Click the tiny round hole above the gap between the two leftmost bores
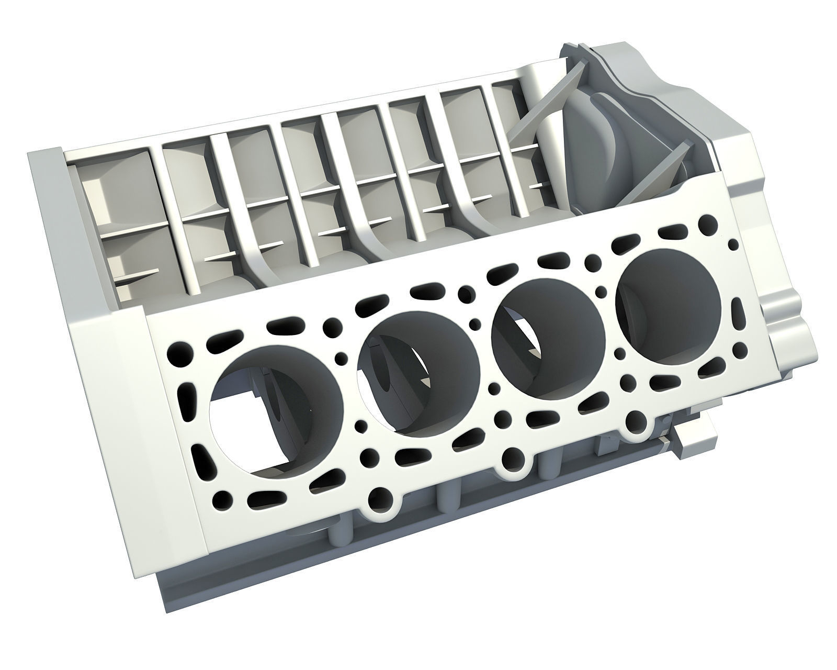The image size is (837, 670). tap(341, 358)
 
